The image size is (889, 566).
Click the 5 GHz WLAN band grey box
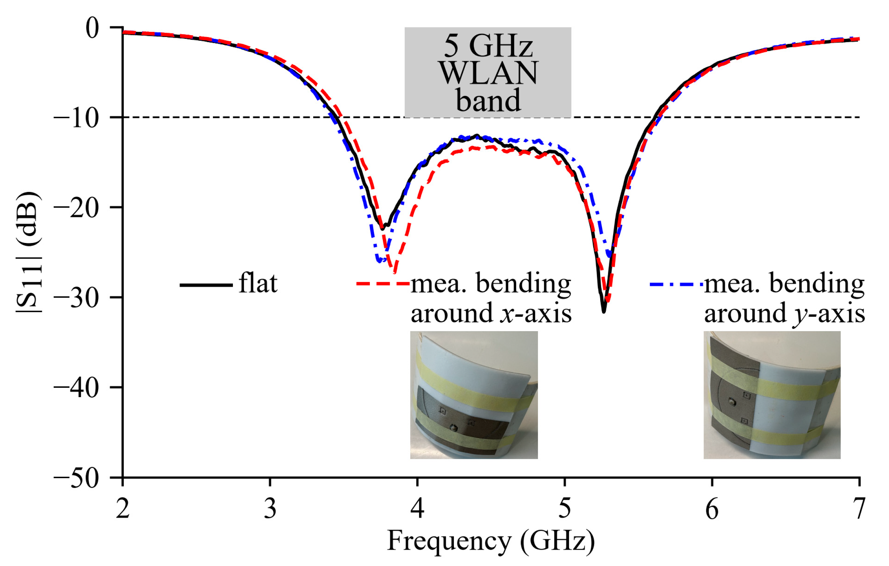click(487, 72)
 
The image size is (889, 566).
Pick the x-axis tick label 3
click(270, 509)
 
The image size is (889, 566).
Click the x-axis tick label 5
click(564, 509)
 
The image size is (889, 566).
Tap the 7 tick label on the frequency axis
click(859, 509)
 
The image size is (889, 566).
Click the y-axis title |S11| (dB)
click(29, 252)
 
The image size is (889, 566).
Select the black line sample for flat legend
click(206, 285)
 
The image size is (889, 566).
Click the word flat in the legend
click(258, 283)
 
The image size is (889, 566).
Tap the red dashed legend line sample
click(383, 284)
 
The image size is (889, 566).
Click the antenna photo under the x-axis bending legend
click(474, 395)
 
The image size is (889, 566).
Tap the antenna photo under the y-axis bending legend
click(772, 395)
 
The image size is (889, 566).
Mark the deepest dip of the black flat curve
click(604, 312)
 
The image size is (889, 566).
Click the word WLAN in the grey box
click(488, 73)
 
